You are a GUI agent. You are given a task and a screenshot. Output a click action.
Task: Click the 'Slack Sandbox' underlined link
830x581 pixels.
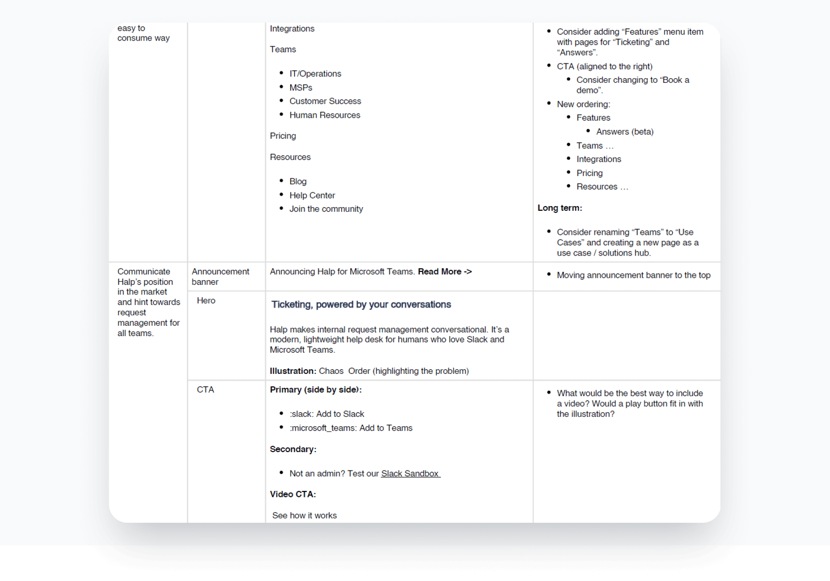(x=410, y=474)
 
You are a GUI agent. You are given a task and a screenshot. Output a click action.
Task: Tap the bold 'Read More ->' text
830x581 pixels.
(x=445, y=272)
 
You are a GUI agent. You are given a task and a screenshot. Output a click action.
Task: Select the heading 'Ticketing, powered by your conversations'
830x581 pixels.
(x=361, y=305)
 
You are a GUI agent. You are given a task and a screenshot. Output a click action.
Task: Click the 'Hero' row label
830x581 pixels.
(x=206, y=301)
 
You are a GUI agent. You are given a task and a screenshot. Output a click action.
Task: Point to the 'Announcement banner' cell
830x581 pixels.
(x=220, y=276)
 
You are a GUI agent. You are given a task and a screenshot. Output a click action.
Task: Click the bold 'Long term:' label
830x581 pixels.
(x=559, y=208)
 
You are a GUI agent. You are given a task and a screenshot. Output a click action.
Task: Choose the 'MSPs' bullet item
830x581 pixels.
(x=301, y=88)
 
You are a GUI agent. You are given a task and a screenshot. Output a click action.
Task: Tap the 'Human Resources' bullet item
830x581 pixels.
(x=324, y=115)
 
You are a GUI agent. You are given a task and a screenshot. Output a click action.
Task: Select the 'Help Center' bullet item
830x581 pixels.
(x=312, y=196)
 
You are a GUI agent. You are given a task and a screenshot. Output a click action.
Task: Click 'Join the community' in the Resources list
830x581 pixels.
(x=326, y=209)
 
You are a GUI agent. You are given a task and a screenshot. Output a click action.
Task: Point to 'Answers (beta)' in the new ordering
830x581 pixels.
(x=625, y=132)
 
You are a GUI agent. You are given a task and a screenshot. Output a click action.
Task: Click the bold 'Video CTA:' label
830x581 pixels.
(x=293, y=495)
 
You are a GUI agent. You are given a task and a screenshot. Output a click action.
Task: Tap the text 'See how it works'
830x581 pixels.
(x=304, y=515)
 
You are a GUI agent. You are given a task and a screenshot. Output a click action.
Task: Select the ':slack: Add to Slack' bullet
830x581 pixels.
(x=327, y=414)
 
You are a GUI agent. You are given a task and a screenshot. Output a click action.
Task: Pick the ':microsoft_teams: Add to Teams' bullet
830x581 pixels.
(x=351, y=428)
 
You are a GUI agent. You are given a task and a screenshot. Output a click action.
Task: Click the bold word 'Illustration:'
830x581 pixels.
(x=293, y=371)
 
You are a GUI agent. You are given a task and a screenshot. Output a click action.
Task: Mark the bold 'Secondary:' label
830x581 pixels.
(x=293, y=449)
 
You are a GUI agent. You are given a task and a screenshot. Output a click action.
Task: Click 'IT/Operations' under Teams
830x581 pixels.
(x=315, y=74)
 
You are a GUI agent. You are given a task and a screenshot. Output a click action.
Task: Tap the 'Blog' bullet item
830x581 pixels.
(x=298, y=182)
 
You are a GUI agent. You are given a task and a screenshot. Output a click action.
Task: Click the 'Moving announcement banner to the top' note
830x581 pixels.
(x=633, y=275)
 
